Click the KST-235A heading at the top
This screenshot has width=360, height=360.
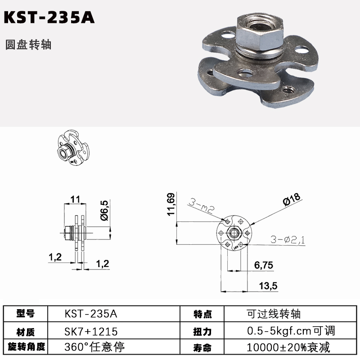click(x=49, y=18)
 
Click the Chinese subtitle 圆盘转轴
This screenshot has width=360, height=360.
click(x=28, y=45)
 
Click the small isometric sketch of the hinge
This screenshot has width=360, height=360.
click(x=73, y=147)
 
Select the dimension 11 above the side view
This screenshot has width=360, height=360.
click(x=75, y=199)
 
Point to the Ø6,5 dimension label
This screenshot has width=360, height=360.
click(x=104, y=210)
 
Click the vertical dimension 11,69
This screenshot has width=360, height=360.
click(x=171, y=204)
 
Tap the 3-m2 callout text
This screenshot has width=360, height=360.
click(x=202, y=206)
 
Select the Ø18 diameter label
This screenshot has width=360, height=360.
click(x=292, y=199)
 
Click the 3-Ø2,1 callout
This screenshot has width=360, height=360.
click(x=288, y=240)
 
